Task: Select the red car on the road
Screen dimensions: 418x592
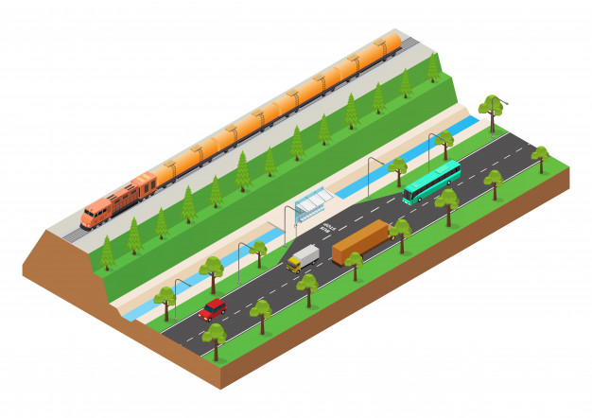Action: click(x=213, y=308)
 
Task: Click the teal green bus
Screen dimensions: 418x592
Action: click(x=432, y=182)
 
